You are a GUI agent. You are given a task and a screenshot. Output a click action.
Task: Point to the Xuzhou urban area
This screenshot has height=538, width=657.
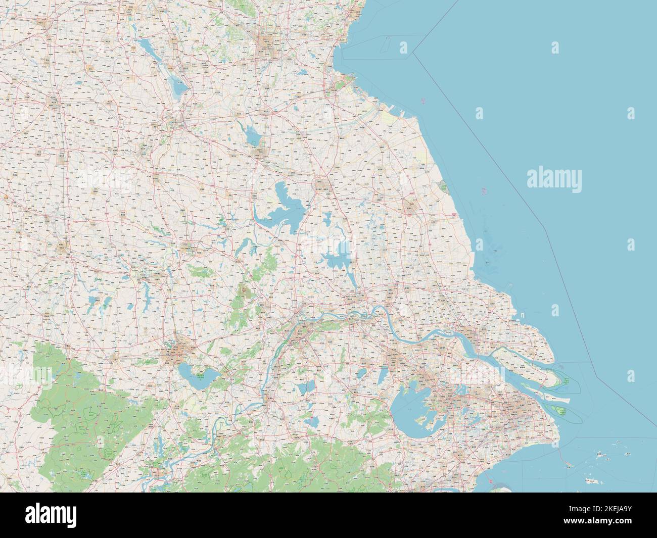174,121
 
